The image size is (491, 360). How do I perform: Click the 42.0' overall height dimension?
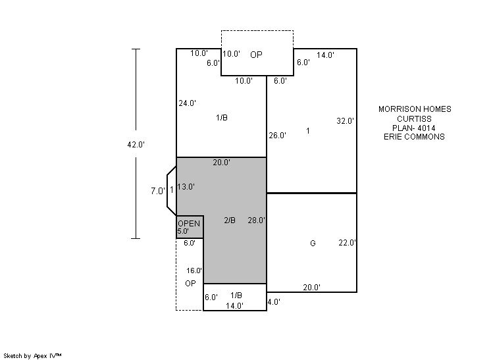pos(136,145)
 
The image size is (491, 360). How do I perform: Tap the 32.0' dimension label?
pos(345,121)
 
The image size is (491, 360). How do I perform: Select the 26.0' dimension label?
pos(278,136)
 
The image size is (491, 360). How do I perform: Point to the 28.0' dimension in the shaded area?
pos(257,220)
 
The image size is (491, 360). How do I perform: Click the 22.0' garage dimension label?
pos(347,243)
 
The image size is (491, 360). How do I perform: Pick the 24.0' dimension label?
pos(188,103)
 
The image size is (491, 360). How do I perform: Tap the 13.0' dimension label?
pos(186,186)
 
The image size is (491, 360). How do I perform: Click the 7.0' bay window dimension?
pos(158,191)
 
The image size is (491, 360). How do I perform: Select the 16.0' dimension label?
pos(194,270)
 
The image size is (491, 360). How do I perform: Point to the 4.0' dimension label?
pos(274,302)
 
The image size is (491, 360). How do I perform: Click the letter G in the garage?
pos(313,244)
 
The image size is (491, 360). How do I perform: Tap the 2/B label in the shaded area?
pos(230,220)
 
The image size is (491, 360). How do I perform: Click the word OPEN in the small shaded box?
pos(189,224)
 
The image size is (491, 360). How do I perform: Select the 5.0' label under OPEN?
pos(183,232)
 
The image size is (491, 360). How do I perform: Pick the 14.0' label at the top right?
pos(325,55)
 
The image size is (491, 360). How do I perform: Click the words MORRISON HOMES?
pos(415,109)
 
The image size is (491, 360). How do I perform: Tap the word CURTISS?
pos(414,119)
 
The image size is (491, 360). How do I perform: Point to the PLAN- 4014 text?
pos(413,128)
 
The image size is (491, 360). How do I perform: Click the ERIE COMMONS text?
pos(414,137)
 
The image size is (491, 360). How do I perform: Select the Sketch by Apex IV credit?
pos(32,356)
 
